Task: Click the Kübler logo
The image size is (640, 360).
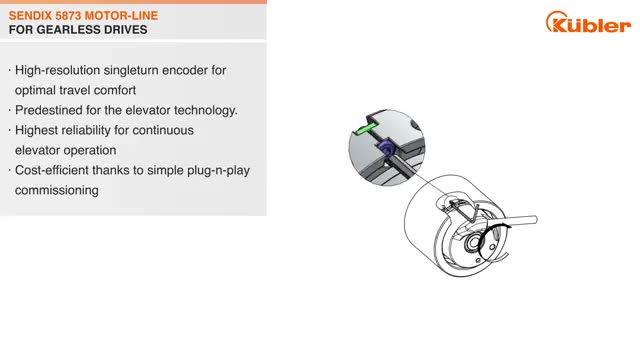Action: [x=588, y=22]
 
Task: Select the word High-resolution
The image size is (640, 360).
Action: [x=58, y=70]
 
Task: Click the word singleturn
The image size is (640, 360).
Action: [x=131, y=70]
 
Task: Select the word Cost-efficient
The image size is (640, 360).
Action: [x=52, y=170]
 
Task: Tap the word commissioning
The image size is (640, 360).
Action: [x=57, y=191]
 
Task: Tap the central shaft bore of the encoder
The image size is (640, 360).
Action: [x=474, y=243]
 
